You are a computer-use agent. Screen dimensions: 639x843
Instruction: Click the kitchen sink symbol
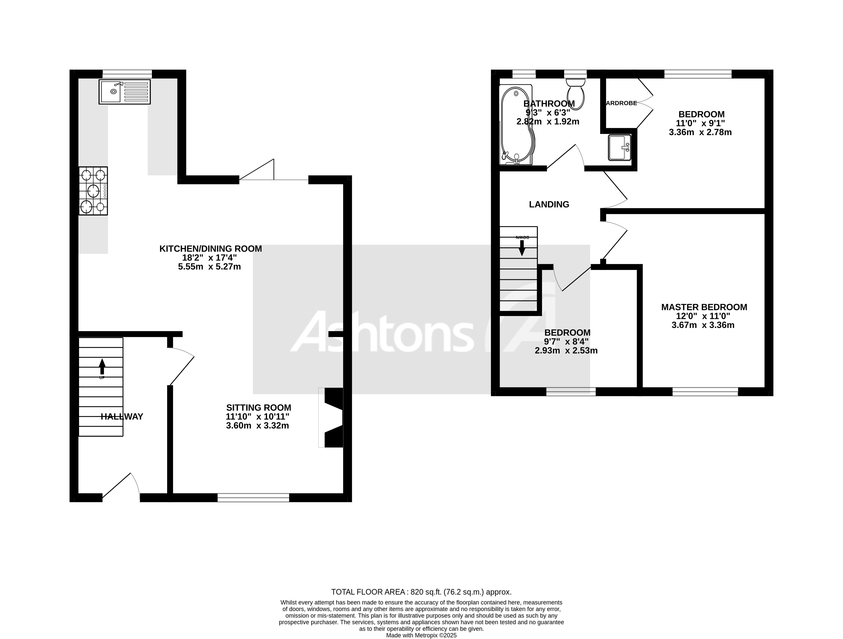point(125,92)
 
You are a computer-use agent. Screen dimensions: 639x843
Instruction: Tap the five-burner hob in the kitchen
point(93,191)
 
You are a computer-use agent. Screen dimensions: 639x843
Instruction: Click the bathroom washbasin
point(620,148)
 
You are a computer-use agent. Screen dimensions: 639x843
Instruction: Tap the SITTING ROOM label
point(259,408)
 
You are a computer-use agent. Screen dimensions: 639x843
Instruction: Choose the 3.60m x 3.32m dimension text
point(258,426)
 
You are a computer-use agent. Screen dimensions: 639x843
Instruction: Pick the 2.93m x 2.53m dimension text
point(566,351)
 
